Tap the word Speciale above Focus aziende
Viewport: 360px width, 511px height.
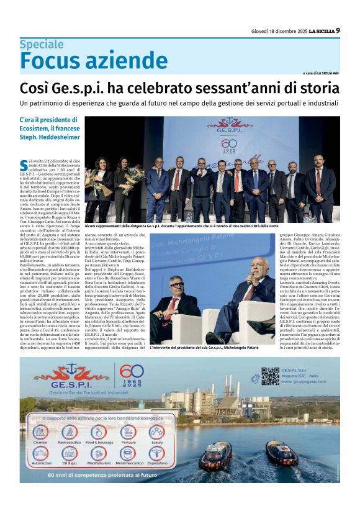(x=41, y=45)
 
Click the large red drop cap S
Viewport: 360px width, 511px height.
(x=24, y=165)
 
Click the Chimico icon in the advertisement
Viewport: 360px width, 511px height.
(x=40, y=432)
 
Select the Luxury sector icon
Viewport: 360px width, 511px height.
(x=157, y=432)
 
